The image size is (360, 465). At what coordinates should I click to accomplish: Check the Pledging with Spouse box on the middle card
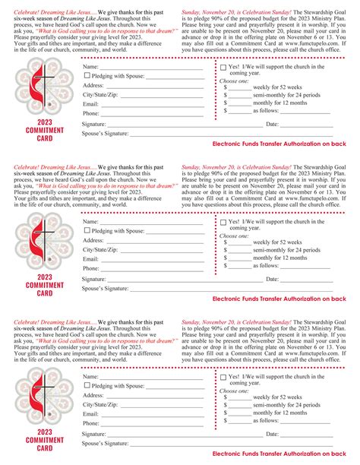(87, 230)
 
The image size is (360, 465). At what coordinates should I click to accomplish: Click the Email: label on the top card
(91, 103)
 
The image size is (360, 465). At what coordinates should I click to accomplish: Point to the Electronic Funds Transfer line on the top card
(279, 143)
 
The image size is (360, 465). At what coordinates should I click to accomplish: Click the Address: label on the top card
(93, 84)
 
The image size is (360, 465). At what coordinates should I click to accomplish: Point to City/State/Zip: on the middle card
(100, 249)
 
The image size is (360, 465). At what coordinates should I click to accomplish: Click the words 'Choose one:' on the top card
(234, 80)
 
